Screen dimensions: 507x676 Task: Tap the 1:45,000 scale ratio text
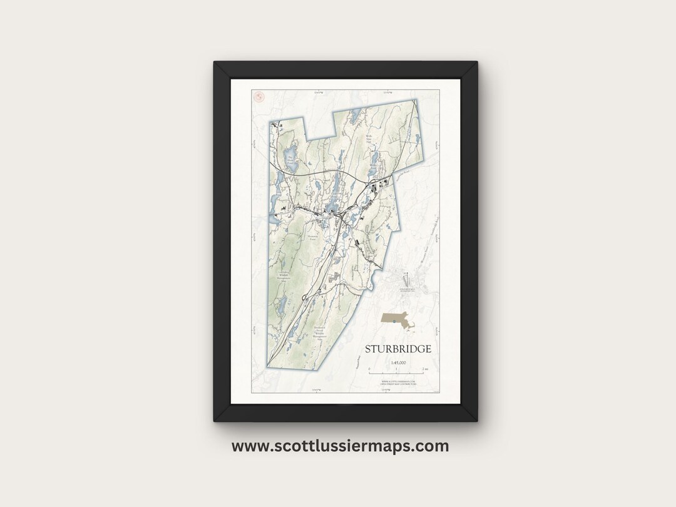[x=397, y=363]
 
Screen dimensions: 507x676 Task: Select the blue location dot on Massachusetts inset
[x=394, y=319]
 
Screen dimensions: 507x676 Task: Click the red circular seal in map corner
[x=257, y=96]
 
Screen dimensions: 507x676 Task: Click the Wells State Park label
[x=369, y=137]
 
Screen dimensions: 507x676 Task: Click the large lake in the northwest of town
[x=289, y=156]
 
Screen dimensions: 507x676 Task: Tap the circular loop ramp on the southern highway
[x=304, y=297]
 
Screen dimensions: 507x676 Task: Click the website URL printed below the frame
[x=340, y=446]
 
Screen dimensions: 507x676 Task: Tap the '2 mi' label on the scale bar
[x=425, y=371]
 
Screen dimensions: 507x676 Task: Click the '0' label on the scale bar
[x=369, y=371]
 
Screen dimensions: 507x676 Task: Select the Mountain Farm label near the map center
[x=313, y=237]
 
